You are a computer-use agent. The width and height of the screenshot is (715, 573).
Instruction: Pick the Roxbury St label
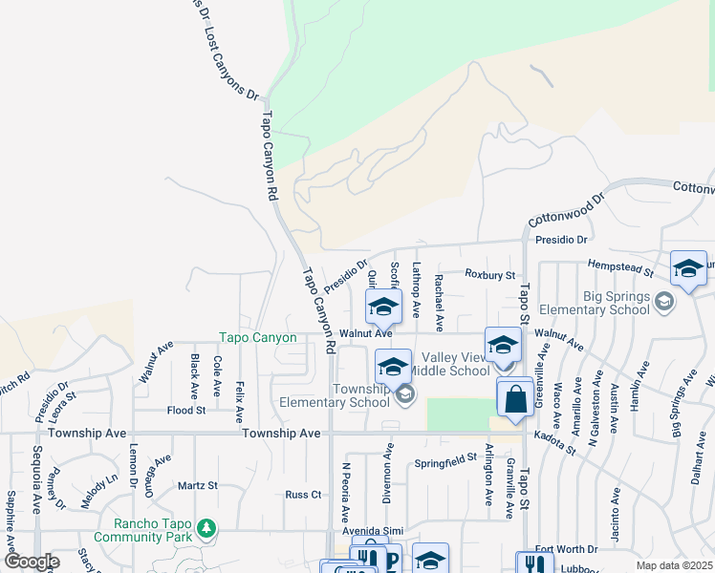click(x=489, y=274)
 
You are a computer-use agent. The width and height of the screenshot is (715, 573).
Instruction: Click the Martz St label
click(x=198, y=486)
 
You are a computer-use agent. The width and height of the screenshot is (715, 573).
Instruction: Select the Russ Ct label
click(x=303, y=495)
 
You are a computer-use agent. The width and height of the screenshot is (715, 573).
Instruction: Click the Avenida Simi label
click(x=374, y=531)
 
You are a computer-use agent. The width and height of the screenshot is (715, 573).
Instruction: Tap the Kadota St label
click(x=556, y=442)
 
